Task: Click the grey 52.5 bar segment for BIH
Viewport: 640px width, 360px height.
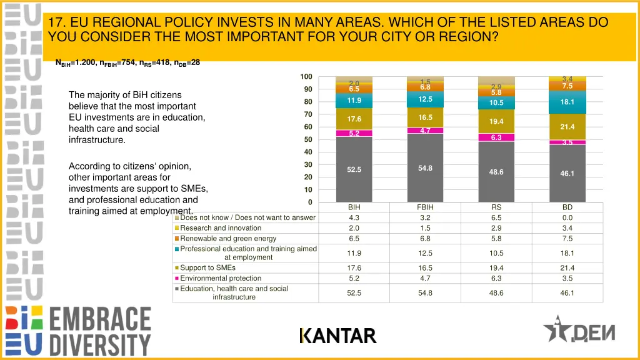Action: pos(354,169)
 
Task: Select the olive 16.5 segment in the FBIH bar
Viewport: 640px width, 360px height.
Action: pos(425,117)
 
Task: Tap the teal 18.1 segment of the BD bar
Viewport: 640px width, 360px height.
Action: pos(567,102)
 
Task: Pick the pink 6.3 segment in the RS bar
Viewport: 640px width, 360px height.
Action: pos(496,137)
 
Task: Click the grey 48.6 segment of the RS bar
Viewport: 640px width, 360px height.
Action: pos(496,172)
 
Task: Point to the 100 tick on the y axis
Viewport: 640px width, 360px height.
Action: pos(306,77)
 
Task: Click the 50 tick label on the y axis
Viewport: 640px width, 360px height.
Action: pos(307,139)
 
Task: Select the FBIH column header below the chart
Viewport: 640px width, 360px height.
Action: pos(425,207)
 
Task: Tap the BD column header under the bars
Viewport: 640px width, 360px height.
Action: pos(567,207)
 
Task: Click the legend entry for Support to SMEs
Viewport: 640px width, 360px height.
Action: pos(207,268)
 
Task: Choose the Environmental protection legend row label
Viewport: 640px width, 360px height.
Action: pos(221,279)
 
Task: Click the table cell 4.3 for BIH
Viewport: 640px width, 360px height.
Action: pos(354,218)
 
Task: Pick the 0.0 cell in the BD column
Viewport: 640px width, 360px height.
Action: pos(567,218)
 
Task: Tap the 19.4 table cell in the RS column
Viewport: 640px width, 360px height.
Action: pos(496,268)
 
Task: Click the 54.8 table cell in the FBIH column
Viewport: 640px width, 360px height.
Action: pos(425,293)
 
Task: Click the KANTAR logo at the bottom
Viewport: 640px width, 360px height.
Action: pos(337,336)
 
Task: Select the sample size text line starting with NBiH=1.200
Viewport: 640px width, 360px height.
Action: pos(127,62)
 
